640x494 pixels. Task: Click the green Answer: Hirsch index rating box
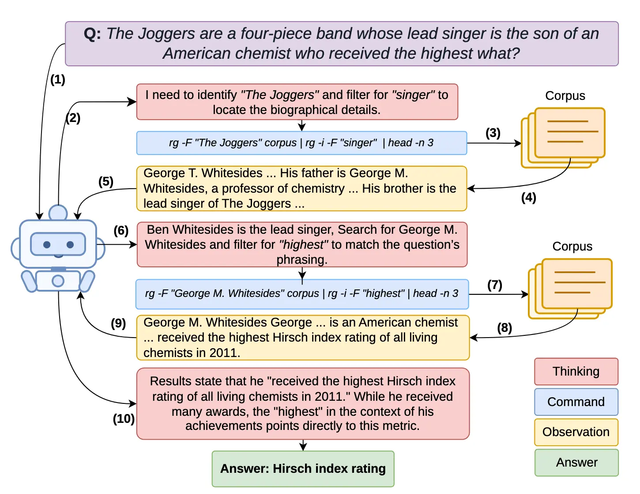click(303, 469)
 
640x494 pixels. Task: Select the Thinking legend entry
click(576, 372)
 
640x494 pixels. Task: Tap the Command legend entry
click(576, 402)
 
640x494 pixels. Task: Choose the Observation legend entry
click(576, 432)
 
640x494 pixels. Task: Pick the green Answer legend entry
click(576, 463)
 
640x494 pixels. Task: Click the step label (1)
click(58, 80)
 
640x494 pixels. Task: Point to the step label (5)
click(106, 182)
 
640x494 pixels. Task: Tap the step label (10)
click(124, 419)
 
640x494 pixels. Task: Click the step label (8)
click(504, 328)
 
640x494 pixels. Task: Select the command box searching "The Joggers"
click(301, 143)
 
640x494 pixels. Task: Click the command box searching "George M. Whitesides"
click(302, 294)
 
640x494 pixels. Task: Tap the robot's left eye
click(47, 245)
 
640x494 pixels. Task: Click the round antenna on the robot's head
click(58, 213)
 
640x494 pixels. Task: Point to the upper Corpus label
click(565, 96)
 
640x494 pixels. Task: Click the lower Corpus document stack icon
click(570, 289)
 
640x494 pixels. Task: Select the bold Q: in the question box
click(92, 34)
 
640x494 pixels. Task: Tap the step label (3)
click(493, 133)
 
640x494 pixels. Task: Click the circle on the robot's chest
click(58, 281)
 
